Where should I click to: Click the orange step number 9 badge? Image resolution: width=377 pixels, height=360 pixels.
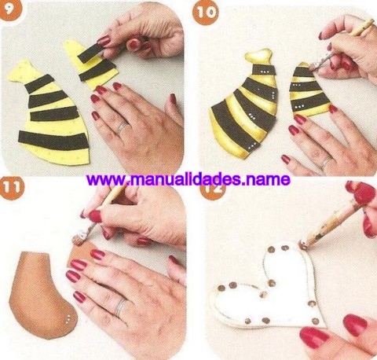pos(9,7)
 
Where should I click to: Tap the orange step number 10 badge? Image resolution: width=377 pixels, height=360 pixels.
pos(206,13)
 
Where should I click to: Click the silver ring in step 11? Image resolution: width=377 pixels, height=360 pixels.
pos(121,307)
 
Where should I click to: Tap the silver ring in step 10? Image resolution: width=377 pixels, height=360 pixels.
pos(326,163)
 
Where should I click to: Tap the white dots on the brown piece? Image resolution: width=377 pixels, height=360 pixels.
pos(68,318)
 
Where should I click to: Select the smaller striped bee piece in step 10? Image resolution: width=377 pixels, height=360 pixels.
pos(309,90)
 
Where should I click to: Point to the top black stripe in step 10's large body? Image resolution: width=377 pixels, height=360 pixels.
pos(264,71)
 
